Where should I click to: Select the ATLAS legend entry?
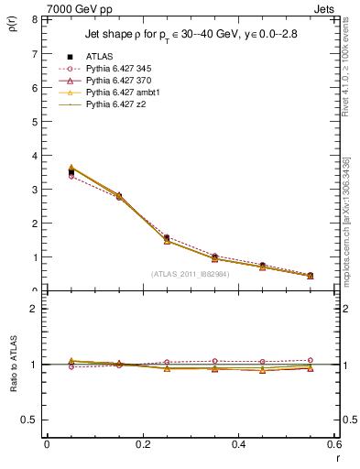[x=100, y=56]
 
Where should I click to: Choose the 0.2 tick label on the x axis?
[x=142, y=444]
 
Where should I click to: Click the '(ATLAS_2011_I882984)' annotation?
[x=190, y=274]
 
